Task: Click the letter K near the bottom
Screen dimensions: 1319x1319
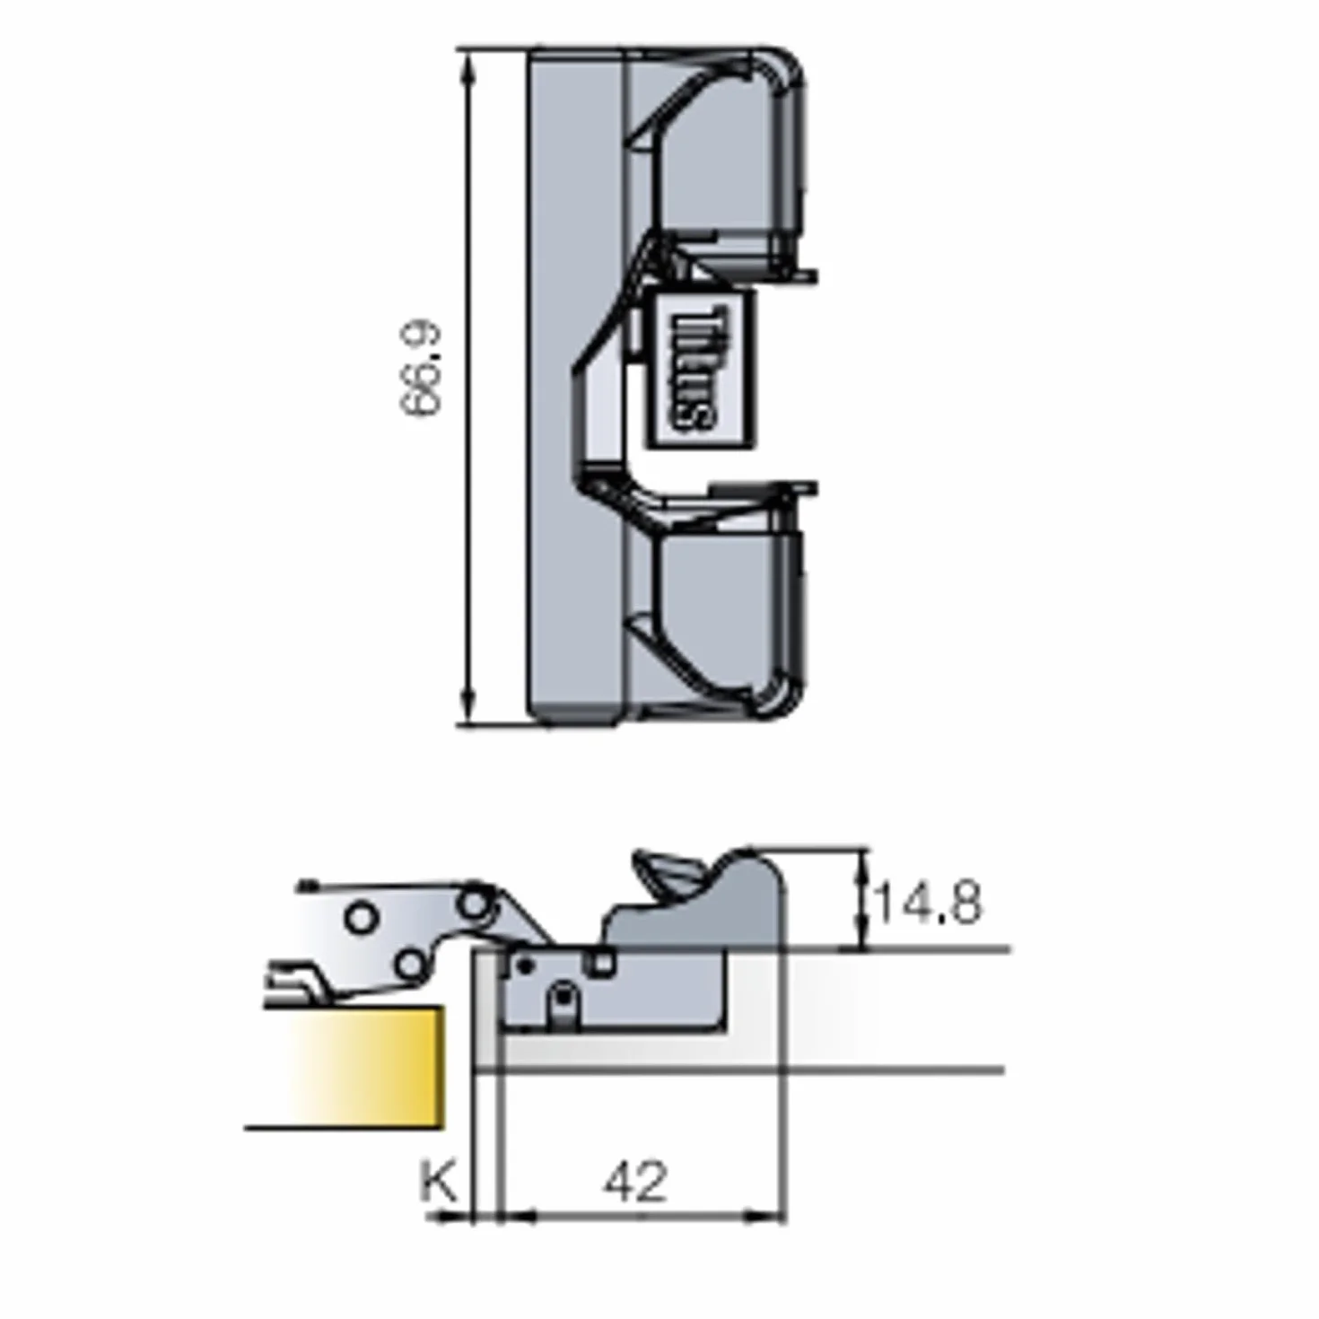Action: point(439,1180)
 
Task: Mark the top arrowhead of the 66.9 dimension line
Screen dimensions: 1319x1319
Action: point(469,72)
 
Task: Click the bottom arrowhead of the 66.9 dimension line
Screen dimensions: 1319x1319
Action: point(469,704)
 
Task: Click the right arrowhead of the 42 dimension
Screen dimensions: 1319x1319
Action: point(766,1216)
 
